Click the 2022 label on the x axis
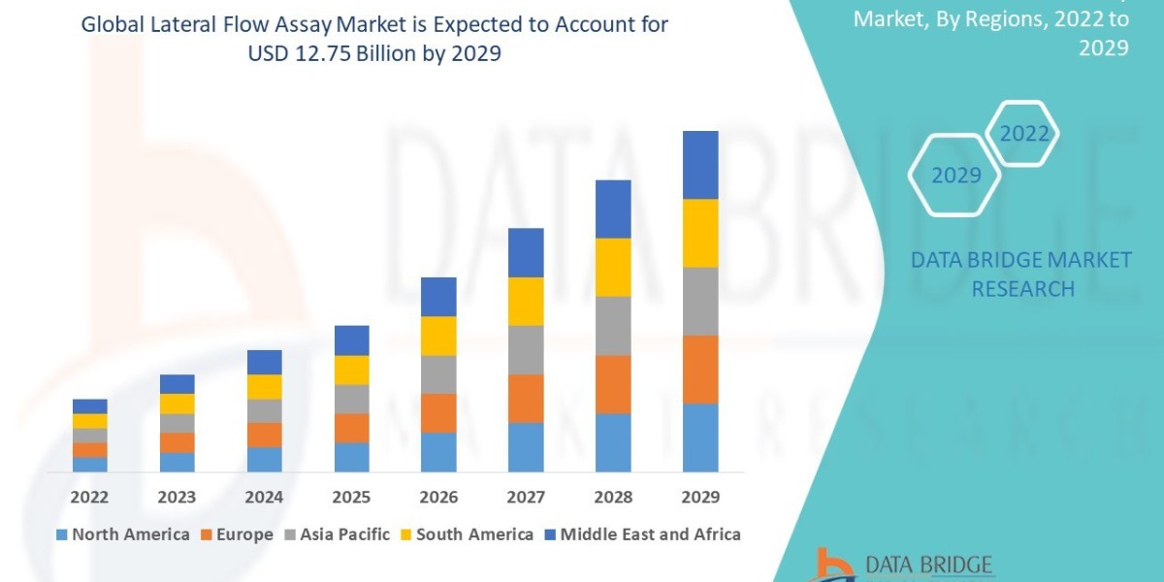[89, 498]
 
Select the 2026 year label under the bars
[438, 498]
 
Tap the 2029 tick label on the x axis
[700, 498]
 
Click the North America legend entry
[122, 534]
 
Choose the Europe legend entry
[238, 534]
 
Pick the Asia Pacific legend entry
[336, 534]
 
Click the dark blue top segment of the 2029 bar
[700, 165]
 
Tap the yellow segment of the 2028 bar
[613, 267]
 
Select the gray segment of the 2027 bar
[526, 349]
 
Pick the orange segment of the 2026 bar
[438, 412]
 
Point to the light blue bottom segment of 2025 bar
[351, 457]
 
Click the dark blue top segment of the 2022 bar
[89, 405]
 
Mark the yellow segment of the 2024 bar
[264, 386]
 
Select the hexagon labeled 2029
[955, 176]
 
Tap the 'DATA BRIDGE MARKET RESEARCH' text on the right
[1021, 274]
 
